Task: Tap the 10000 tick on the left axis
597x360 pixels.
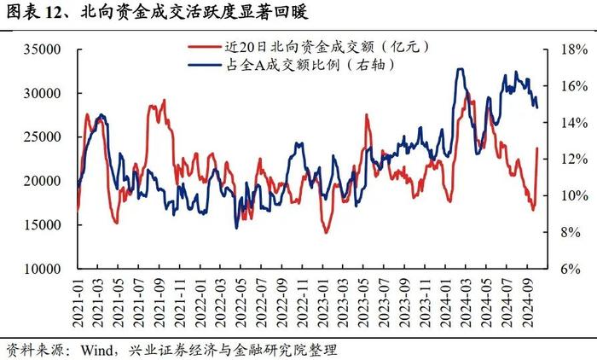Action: coord(42,269)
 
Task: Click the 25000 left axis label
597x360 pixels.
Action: coord(42,137)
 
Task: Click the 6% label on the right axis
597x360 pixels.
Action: coord(568,269)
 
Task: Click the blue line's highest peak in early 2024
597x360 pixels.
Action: coord(461,69)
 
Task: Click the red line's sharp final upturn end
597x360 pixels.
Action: coord(536,148)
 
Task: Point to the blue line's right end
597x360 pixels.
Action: coord(536,107)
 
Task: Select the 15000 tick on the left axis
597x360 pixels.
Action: coord(42,225)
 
